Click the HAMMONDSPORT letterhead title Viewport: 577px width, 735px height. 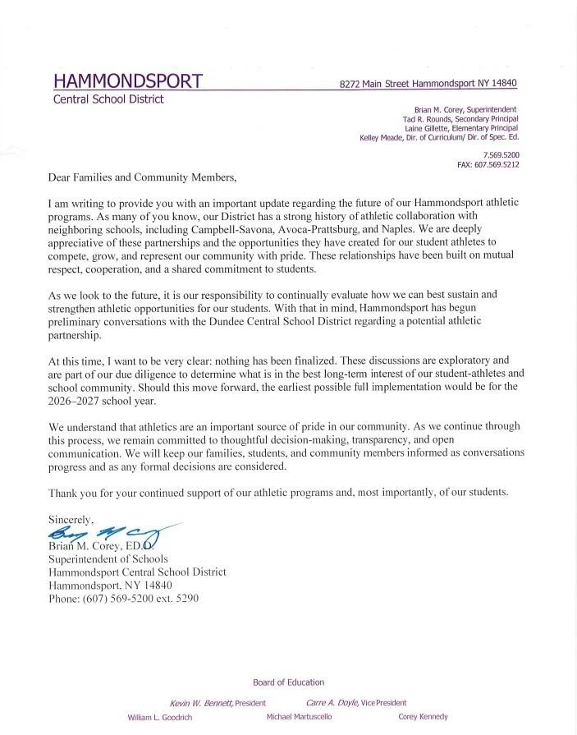click(128, 80)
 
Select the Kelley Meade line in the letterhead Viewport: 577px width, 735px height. click(439, 138)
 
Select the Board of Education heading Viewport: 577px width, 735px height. click(288, 682)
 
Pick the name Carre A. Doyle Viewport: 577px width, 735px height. click(331, 703)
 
